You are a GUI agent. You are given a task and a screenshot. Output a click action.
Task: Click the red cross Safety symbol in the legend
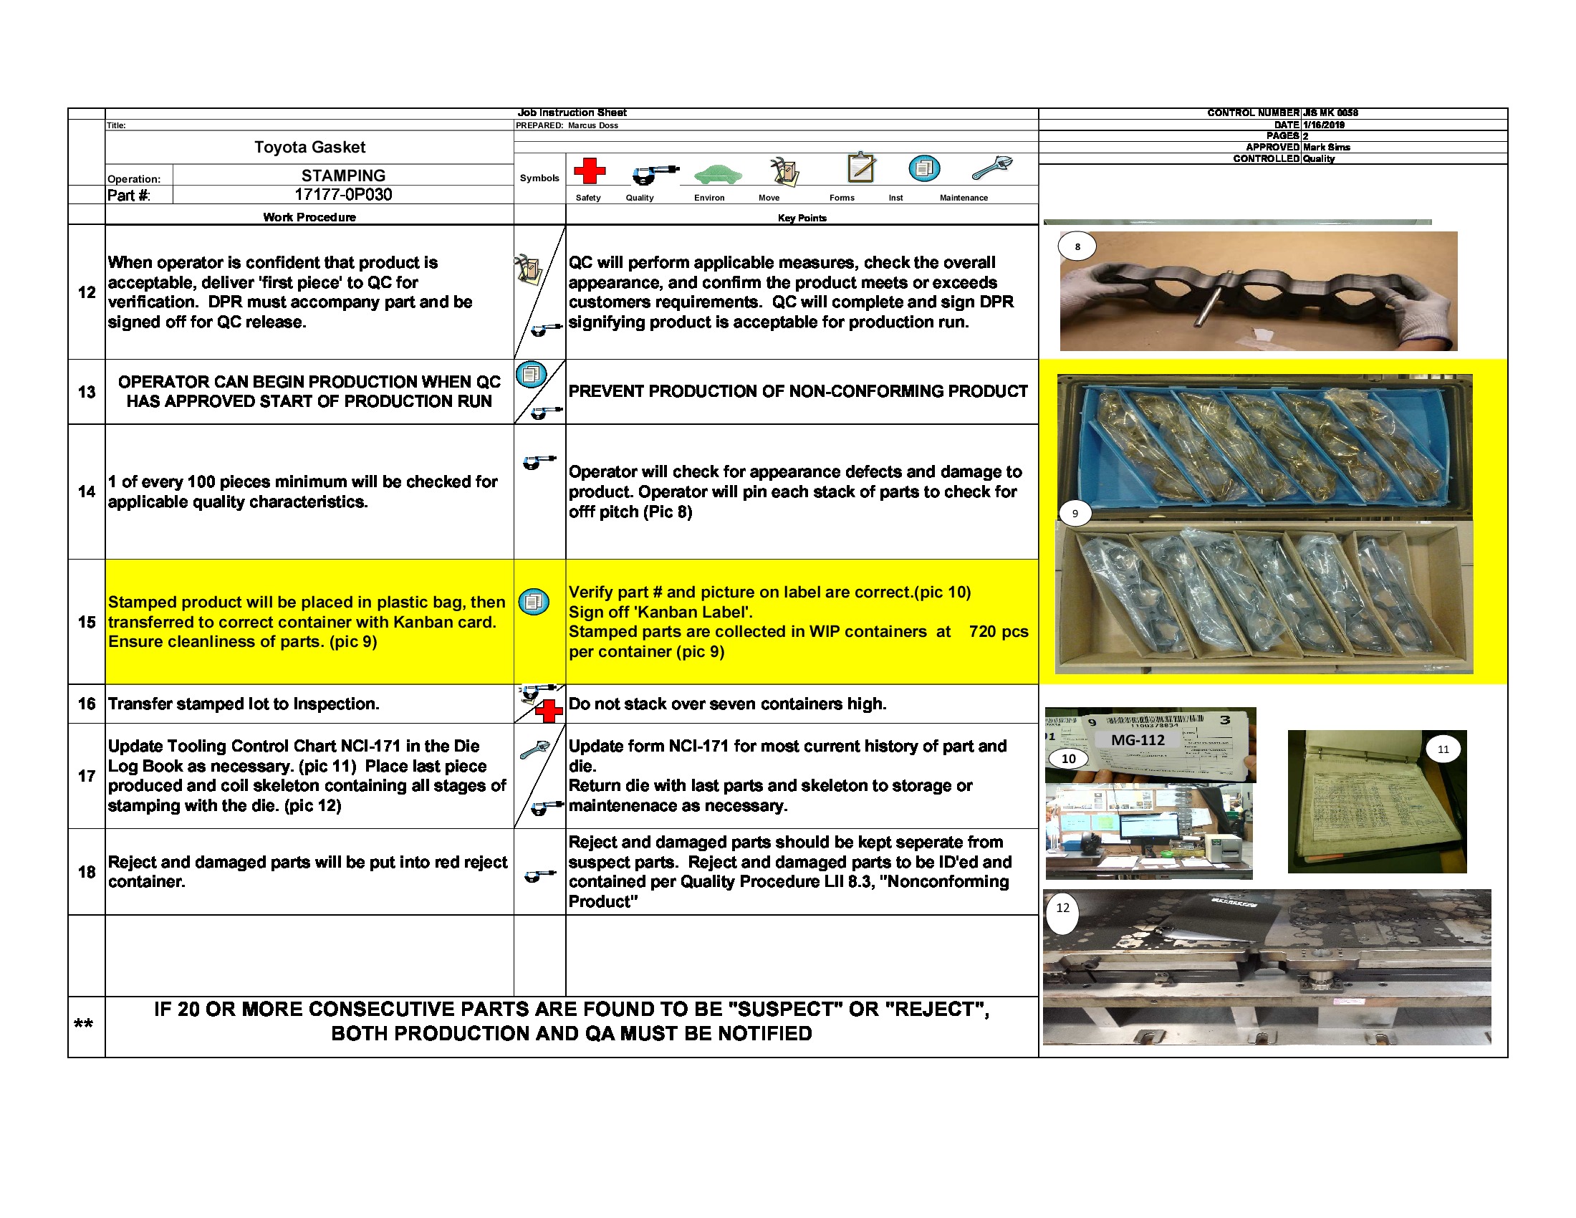point(589,171)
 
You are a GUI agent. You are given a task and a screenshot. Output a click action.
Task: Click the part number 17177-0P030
point(342,195)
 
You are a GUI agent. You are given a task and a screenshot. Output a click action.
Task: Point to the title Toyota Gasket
point(309,147)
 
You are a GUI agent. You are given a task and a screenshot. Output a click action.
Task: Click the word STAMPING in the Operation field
point(342,176)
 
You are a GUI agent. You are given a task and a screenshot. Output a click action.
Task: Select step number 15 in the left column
point(87,622)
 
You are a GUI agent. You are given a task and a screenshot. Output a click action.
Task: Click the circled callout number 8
point(1077,246)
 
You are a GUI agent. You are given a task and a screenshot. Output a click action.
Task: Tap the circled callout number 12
point(1062,908)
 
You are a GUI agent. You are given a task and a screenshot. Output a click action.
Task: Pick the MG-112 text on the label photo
point(1138,739)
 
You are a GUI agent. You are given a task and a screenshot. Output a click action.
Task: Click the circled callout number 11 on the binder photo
point(1443,749)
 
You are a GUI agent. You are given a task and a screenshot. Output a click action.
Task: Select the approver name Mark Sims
point(1326,147)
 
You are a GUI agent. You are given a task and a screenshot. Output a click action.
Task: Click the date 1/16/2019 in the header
point(1323,125)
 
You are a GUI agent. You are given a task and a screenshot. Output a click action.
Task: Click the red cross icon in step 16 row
point(549,711)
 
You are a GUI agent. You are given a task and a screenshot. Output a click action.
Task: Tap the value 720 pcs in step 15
point(998,631)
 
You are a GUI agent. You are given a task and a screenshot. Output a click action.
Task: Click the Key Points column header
point(802,218)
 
